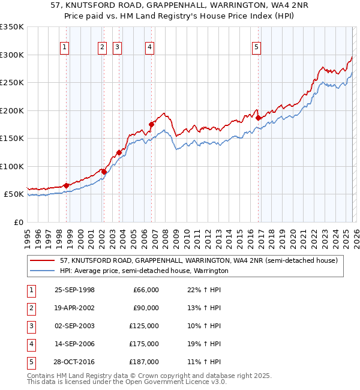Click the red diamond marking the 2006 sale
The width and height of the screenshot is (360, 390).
pyautogui.click(x=151, y=125)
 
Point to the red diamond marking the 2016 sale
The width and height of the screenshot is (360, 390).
pyautogui.click(x=258, y=118)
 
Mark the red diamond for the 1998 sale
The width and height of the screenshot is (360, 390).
pyautogui.click(x=66, y=185)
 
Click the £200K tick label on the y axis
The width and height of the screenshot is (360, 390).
pyautogui.click(x=12, y=110)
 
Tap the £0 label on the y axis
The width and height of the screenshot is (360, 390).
pyautogui.click(x=17, y=222)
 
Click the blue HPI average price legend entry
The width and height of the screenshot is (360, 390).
pyautogui.click(x=144, y=271)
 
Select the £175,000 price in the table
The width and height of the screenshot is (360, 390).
pyautogui.click(x=146, y=344)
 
